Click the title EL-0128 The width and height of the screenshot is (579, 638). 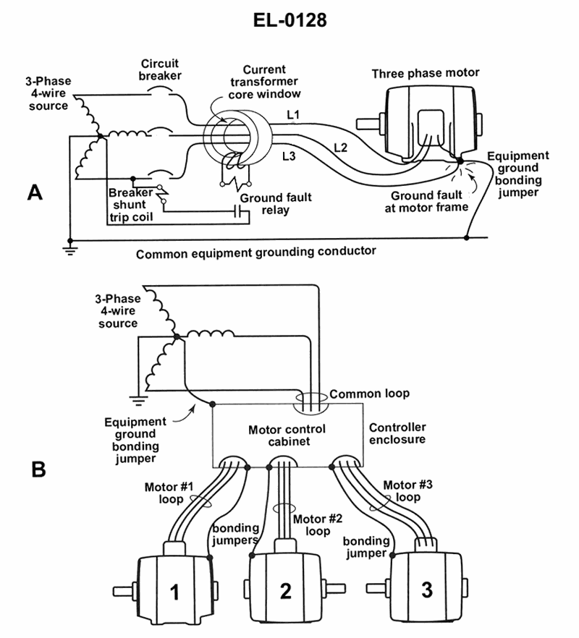pos(290,20)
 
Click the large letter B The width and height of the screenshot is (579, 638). pos(38,470)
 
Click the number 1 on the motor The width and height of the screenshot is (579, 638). pos(174,592)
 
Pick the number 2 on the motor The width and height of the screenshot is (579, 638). pos(285,592)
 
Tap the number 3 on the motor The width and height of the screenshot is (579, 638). pos(427,590)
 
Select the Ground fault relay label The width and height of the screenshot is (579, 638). pos(266,204)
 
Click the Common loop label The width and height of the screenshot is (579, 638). pos(369,394)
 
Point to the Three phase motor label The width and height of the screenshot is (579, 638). pos(426,74)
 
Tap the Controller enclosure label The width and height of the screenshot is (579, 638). pos(397,433)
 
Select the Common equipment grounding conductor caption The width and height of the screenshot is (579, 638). pos(256,253)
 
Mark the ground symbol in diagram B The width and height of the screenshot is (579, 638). pos(135,398)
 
